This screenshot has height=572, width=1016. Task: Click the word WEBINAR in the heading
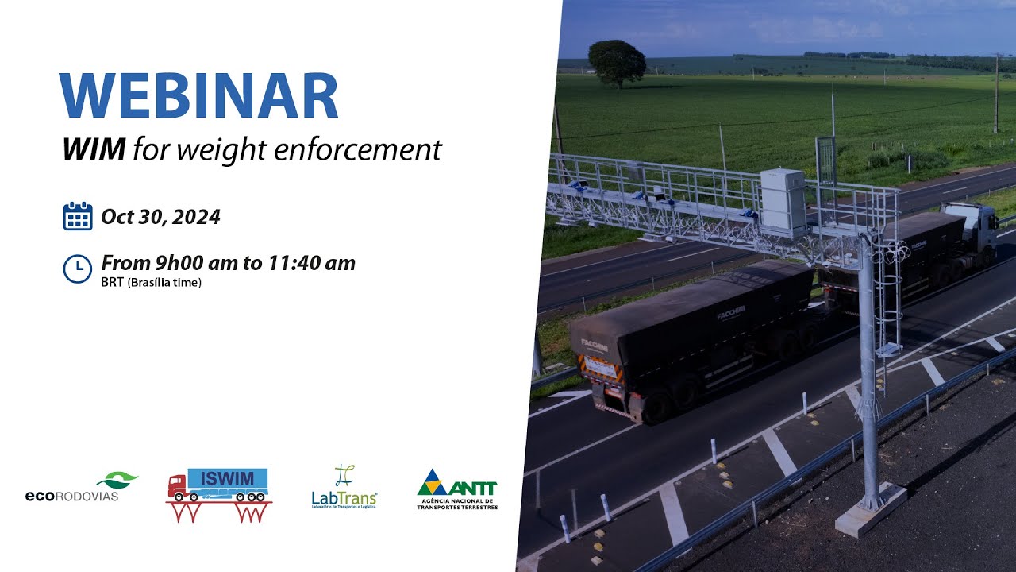coord(198,96)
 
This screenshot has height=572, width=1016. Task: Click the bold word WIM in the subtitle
coord(94,149)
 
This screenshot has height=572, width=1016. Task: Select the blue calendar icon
coord(78,216)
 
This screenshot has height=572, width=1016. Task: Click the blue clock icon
coord(78,269)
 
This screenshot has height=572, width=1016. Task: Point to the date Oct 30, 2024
coord(160,216)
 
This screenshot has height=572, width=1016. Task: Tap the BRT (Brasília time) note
coord(151,283)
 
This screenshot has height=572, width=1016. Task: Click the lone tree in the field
coord(617,62)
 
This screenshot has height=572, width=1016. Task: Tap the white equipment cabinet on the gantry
coord(783,202)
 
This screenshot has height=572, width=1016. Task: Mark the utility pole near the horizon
coord(996,93)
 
